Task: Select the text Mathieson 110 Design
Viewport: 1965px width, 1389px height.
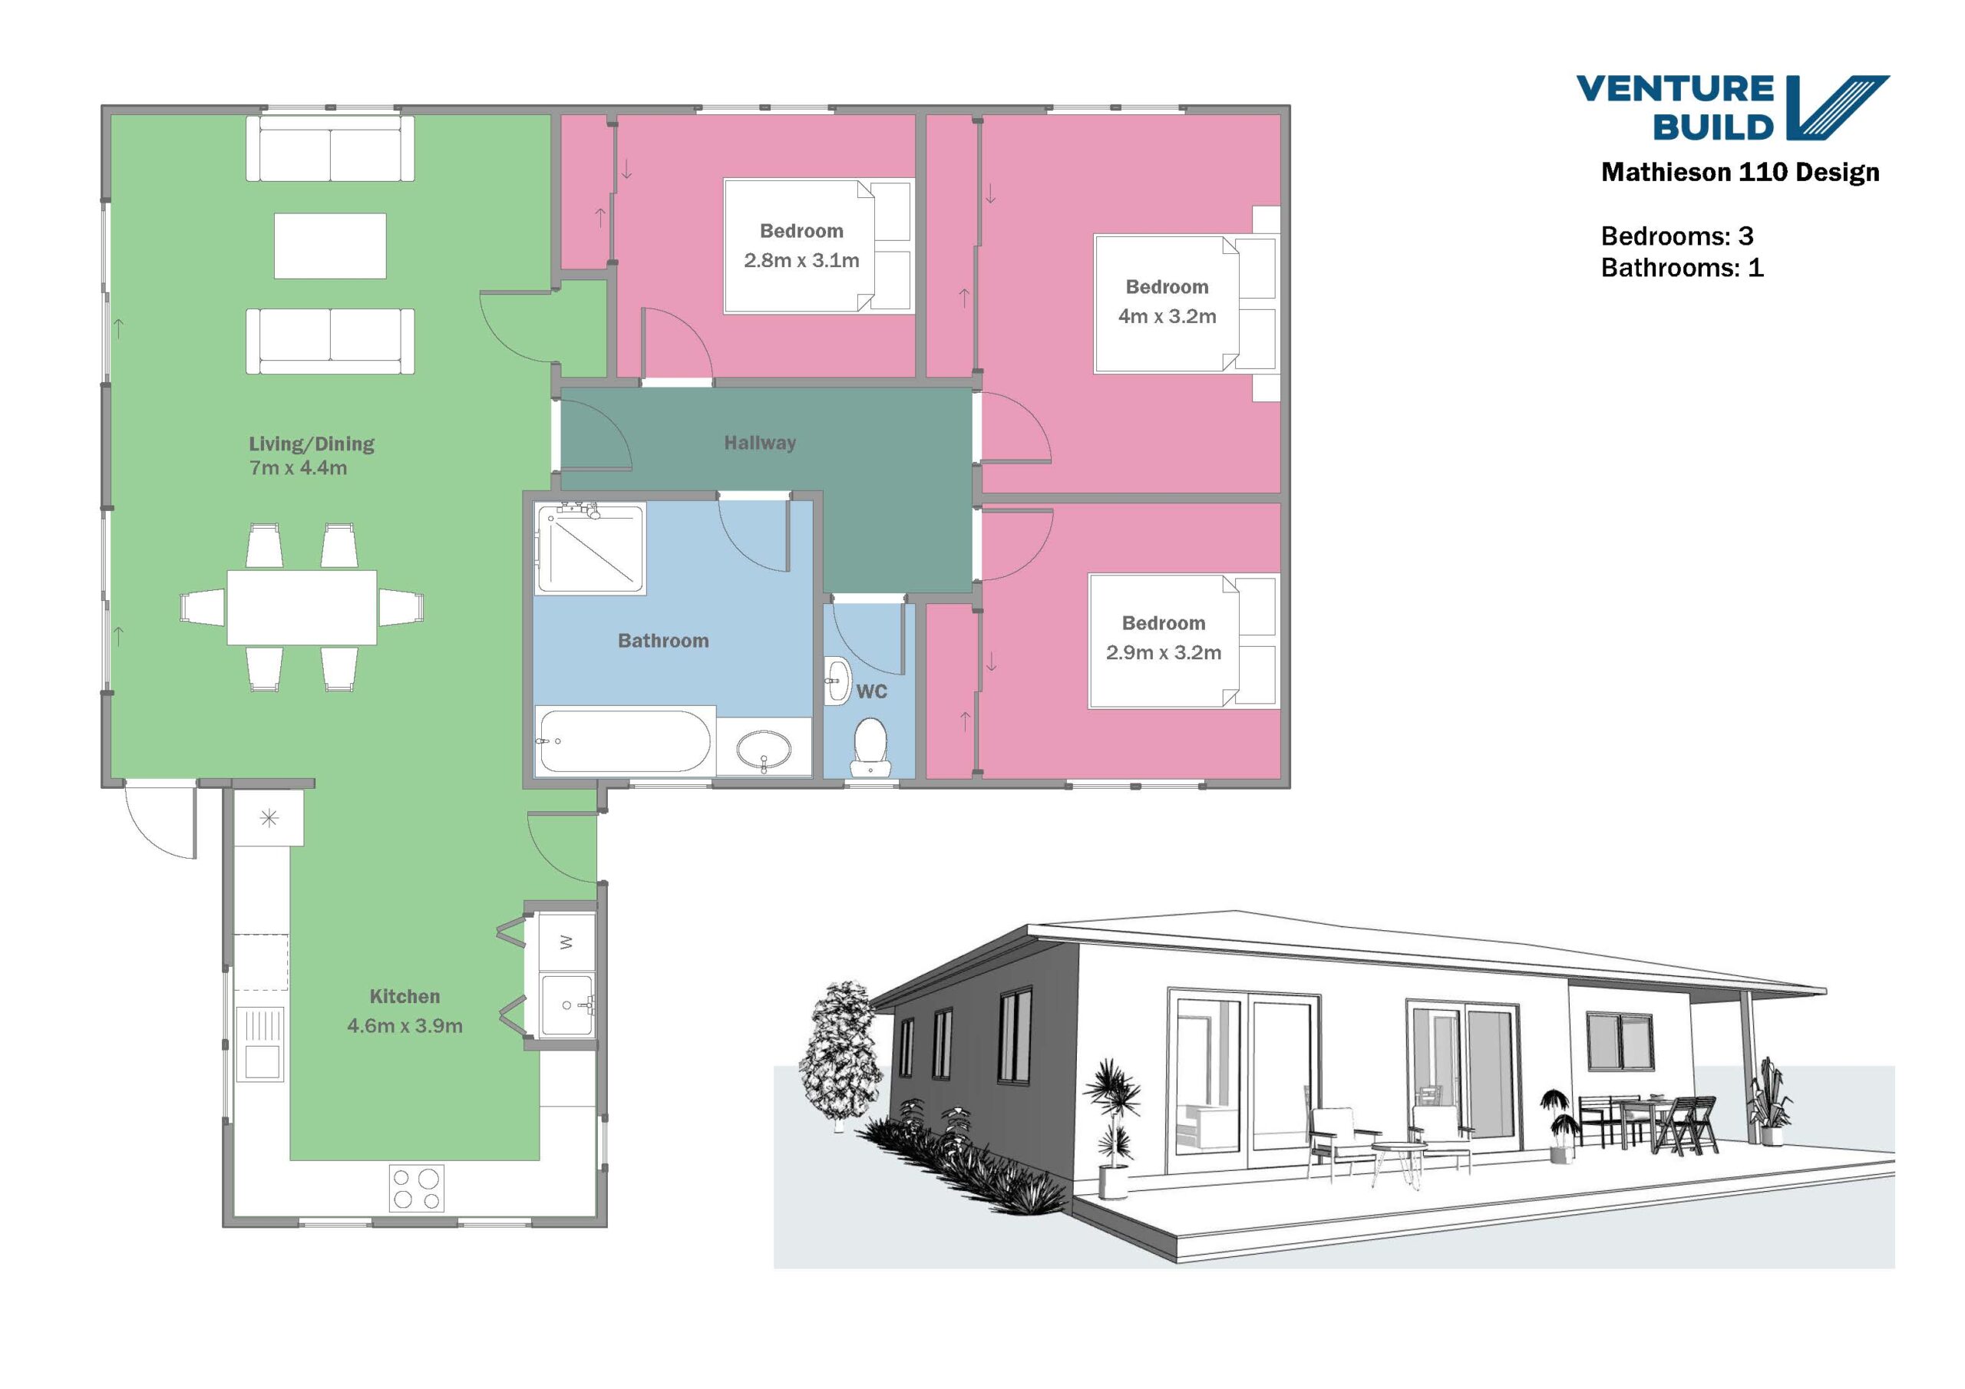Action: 1740,172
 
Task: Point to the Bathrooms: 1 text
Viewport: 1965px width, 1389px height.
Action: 1682,268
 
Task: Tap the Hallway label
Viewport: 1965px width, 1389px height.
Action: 760,443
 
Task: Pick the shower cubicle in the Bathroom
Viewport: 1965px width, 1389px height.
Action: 589,549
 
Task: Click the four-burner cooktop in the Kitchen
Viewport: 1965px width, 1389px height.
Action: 416,1189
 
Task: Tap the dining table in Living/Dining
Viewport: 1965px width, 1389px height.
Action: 301,608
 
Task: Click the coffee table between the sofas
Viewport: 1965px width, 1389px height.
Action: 329,246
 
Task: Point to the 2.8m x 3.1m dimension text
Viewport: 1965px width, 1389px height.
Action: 801,260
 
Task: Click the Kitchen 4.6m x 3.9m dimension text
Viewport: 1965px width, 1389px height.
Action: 405,1025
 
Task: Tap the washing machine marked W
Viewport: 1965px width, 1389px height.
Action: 566,942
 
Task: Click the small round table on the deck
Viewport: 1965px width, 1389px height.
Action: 1399,1152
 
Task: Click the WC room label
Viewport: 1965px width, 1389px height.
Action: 871,691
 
